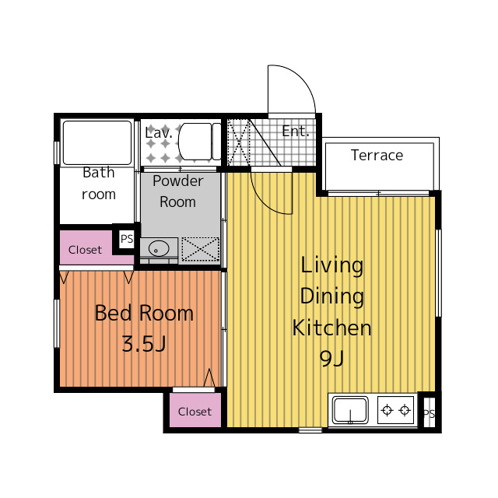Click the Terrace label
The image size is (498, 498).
(377, 156)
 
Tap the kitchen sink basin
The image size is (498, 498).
(350, 410)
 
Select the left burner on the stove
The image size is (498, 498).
(387, 410)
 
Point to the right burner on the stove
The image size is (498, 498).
(405, 410)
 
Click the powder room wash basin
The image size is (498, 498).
(159, 248)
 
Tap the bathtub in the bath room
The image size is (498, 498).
(97, 142)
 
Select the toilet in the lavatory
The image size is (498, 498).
(199, 142)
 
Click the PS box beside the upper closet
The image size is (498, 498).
(126, 239)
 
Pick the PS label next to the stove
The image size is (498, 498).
(429, 414)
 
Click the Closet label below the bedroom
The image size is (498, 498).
(195, 412)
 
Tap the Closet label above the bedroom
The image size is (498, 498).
(85, 250)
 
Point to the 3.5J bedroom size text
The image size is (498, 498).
(144, 344)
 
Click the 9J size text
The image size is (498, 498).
(331, 358)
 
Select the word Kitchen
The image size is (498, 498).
(332, 328)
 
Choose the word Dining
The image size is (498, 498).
(332, 296)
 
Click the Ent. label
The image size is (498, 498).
(296, 132)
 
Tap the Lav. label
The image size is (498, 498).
(159, 132)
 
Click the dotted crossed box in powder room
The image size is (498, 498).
(201, 249)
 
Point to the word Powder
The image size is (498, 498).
(178, 181)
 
